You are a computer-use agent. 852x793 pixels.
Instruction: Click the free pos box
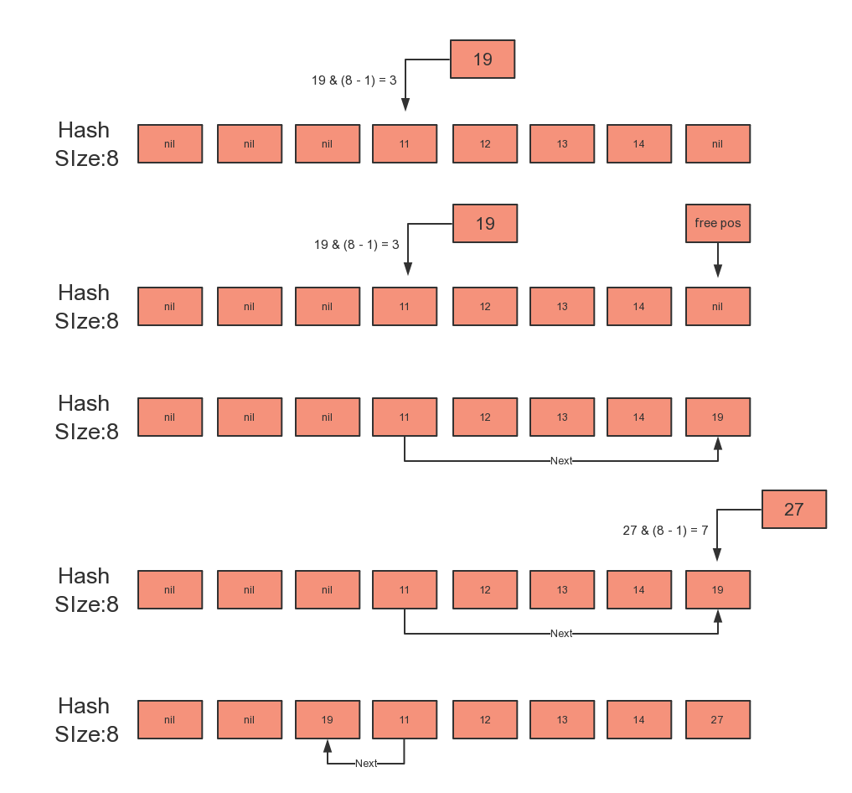(718, 224)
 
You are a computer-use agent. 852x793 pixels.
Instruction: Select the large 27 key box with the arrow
(794, 510)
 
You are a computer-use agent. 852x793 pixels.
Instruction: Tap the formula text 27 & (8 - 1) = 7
(666, 531)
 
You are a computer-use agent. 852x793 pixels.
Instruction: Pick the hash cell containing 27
(718, 720)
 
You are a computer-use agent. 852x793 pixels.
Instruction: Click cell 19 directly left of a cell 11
(328, 720)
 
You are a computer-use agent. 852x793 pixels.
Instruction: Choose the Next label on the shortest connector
(366, 764)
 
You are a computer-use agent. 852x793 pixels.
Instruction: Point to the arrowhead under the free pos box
(718, 271)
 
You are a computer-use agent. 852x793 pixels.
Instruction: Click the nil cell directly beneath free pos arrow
(718, 307)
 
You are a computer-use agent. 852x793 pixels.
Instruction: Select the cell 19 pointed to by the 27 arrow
(718, 590)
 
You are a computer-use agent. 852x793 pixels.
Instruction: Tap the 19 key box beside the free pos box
(485, 224)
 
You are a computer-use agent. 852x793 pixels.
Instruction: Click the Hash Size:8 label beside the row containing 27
(86, 720)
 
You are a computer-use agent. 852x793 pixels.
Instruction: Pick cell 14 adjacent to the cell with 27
(639, 720)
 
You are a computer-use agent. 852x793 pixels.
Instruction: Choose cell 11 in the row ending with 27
(405, 720)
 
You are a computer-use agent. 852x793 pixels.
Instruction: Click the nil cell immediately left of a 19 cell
(249, 720)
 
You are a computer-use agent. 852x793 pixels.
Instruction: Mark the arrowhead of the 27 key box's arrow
(718, 555)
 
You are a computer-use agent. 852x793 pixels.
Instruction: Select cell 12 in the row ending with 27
(485, 720)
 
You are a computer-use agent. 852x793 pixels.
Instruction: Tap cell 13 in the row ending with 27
(562, 720)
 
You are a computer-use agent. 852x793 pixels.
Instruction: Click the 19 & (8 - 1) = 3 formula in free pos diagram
(357, 245)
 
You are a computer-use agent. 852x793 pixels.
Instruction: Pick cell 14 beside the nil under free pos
(639, 307)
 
